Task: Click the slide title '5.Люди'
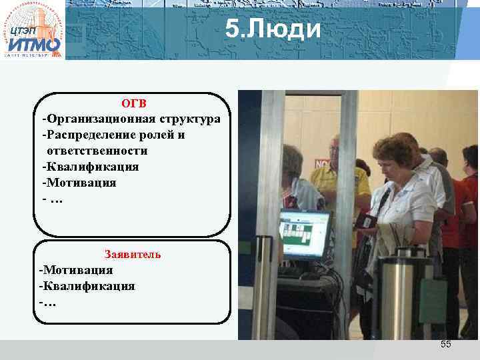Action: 273,29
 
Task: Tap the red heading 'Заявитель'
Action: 133,254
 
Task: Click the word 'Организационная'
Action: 100,119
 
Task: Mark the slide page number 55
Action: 445,344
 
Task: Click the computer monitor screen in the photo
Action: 305,233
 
